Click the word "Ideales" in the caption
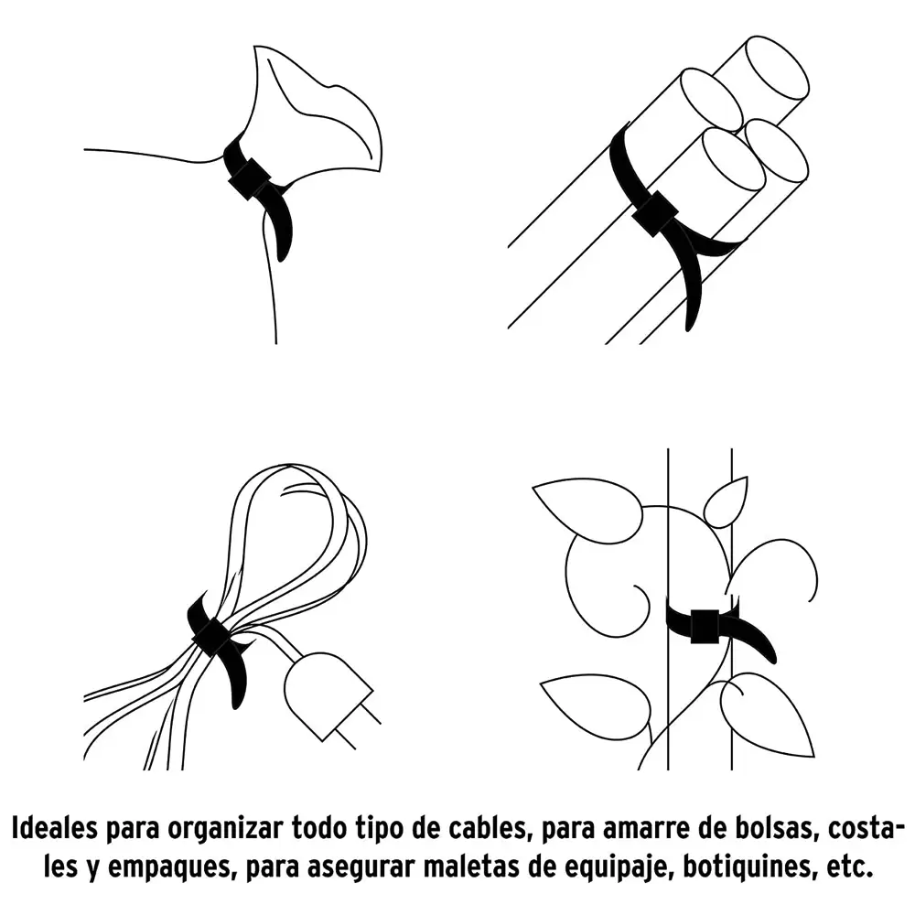tap(54, 829)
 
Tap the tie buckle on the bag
tap(251, 178)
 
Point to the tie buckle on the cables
tap(212, 638)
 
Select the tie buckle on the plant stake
tap(705, 626)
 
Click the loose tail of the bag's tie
tap(281, 228)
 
